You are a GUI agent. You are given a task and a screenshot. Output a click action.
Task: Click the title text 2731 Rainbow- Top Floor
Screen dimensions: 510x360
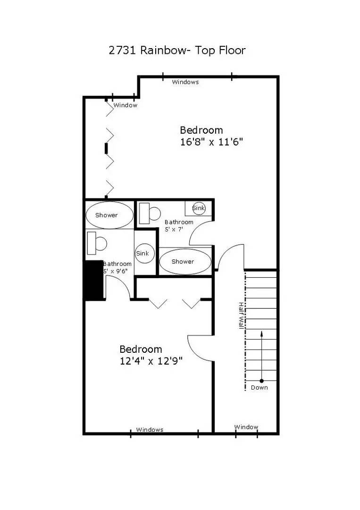tap(177, 50)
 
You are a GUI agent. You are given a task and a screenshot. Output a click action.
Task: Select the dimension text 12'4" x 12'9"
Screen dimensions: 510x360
tap(151, 361)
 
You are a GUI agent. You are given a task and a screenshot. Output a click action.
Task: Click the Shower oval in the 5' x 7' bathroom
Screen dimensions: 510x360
tap(183, 262)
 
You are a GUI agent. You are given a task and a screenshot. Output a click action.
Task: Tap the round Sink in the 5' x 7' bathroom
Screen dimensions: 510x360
tap(199, 208)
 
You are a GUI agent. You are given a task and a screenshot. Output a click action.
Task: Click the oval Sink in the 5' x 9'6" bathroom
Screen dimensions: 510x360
tap(142, 253)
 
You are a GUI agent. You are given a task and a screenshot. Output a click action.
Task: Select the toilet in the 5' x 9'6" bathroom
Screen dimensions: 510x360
tap(97, 243)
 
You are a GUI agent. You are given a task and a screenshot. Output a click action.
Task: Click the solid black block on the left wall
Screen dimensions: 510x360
tap(94, 280)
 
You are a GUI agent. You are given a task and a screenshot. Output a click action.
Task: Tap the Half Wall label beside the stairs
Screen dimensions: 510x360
tap(241, 315)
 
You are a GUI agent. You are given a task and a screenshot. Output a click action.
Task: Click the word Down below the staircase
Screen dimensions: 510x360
tap(259, 388)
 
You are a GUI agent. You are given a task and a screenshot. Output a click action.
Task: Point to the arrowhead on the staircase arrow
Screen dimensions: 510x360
tap(261, 334)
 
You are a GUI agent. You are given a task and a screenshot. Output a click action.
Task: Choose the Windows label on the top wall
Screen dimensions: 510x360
tap(185, 82)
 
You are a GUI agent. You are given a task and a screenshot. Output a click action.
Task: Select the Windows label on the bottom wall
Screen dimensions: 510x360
tap(150, 430)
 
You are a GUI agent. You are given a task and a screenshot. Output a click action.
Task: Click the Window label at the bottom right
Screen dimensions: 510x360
tap(246, 427)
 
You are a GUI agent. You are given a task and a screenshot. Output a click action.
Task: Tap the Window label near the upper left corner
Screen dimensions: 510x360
tap(125, 105)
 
